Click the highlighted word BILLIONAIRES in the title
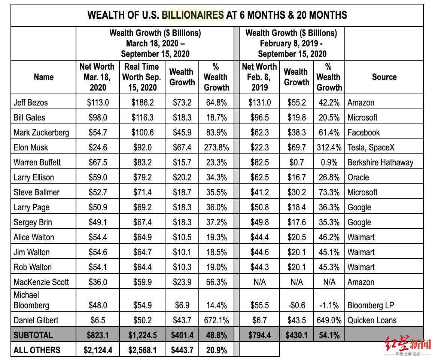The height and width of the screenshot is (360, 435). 192,15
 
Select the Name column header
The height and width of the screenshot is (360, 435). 43,77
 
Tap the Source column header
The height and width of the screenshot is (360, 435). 384,77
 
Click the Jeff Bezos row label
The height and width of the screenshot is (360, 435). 31,103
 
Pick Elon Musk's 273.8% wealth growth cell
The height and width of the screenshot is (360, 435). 216,147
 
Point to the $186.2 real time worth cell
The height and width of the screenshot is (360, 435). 142,103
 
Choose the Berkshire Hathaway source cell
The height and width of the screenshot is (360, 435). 380,162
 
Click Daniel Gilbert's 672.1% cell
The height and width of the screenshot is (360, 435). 216,320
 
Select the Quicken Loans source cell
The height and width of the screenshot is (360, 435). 372,320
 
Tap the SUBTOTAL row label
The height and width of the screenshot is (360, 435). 33,335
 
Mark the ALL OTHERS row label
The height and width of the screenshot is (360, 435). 37,350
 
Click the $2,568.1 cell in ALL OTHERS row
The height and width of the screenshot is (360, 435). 142,350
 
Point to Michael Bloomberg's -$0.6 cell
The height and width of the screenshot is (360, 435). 296,305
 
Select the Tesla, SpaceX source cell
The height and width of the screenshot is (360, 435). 371,147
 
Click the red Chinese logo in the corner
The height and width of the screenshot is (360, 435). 408,345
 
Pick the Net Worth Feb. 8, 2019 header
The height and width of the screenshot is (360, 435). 259,77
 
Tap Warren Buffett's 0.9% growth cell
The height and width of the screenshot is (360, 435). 329,162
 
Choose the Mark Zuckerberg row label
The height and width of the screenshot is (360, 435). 41,132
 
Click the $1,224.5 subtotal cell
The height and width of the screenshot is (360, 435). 142,335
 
